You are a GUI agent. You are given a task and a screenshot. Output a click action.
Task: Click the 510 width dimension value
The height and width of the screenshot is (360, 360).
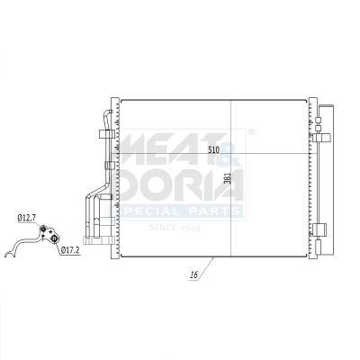click(x=213, y=148)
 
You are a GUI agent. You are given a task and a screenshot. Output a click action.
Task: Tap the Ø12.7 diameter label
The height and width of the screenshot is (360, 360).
click(x=27, y=217)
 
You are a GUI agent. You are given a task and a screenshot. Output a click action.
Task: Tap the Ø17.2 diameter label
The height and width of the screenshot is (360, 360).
click(x=72, y=249)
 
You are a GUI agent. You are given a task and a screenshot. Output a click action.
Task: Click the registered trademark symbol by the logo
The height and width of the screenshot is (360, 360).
click(x=250, y=132)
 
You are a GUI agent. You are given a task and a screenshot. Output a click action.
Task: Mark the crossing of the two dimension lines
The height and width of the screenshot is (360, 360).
click(x=232, y=154)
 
